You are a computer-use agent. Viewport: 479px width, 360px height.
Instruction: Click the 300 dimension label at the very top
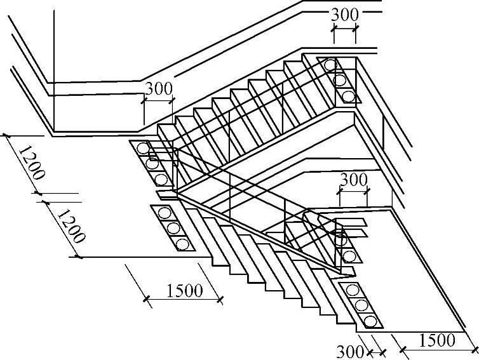(x=344, y=14)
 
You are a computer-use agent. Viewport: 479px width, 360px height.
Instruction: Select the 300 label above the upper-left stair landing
(x=158, y=89)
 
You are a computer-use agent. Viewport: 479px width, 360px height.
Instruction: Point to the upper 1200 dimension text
(x=30, y=164)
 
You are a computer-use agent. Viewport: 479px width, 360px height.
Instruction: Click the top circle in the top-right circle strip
(x=330, y=65)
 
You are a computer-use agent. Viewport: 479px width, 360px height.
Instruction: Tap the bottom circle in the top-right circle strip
(x=348, y=96)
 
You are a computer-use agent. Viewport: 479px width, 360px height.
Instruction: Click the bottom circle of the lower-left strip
(x=182, y=243)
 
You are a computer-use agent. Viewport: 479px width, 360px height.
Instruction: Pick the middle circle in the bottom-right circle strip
(x=362, y=305)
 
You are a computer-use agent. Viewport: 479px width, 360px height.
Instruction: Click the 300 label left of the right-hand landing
(x=354, y=180)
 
